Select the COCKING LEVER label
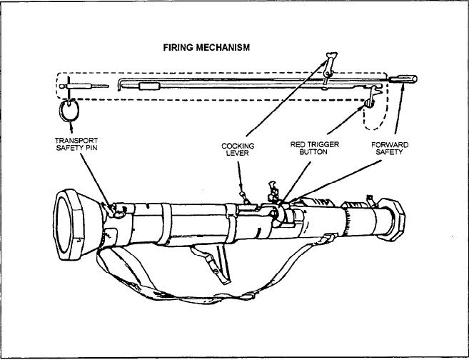(x=237, y=149)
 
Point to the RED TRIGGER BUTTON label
(x=314, y=149)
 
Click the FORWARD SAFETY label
(x=390, y=149)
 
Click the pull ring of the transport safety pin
(x=69, y=111)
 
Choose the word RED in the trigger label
(x=298, y=145)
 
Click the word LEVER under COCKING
(x=237, y=153)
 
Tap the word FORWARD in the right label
(x=390, y=145)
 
